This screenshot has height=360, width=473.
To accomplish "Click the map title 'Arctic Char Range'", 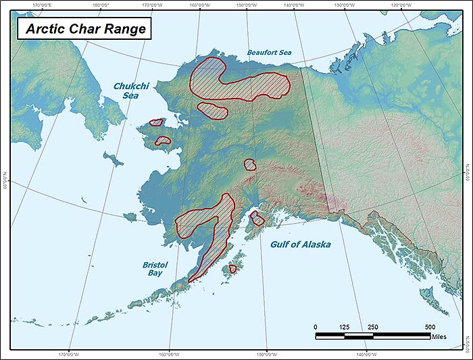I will coord(81,29).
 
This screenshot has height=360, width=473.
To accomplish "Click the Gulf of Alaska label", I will coord(300,244).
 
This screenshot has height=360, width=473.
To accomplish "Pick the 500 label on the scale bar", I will coord(430,327).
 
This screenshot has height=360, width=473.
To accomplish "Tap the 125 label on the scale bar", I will coord(345,327).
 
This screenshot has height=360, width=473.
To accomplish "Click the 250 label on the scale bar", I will coord(373,327).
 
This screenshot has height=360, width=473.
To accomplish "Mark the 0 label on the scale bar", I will coord(316,327).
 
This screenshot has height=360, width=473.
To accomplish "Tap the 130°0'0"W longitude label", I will coord(345,7).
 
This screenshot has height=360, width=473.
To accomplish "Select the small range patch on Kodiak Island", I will coord(232,269).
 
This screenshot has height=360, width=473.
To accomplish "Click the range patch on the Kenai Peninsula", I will coord(257,218).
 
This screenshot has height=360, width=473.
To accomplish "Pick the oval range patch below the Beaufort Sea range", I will coord(212,111).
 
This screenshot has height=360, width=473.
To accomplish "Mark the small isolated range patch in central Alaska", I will coord(250,164).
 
